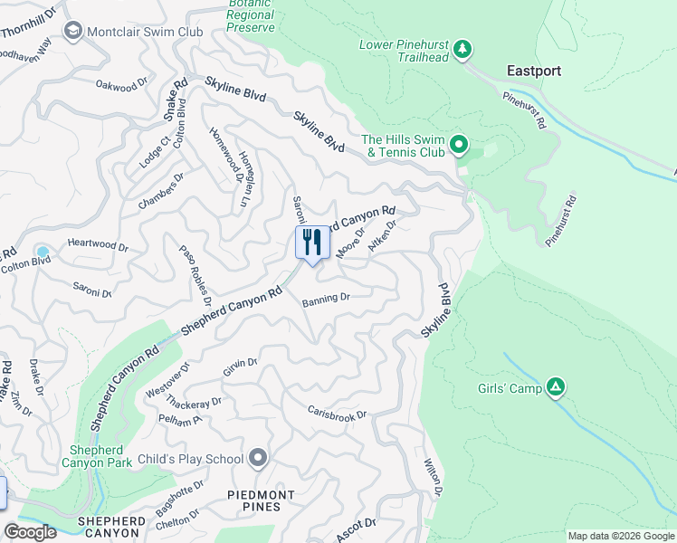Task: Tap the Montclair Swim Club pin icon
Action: (72, 32)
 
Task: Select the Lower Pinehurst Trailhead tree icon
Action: (462, 48)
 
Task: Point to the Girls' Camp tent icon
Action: (556, 388)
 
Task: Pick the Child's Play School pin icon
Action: (258, 459)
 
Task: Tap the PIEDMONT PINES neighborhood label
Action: (261, 501)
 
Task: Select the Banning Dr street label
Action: (326, 298)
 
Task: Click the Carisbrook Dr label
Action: (336, 413)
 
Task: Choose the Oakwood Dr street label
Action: (121, 84)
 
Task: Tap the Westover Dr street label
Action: (167, 381)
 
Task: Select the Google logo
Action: (30, 532)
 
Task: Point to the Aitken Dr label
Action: (384, 237)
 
